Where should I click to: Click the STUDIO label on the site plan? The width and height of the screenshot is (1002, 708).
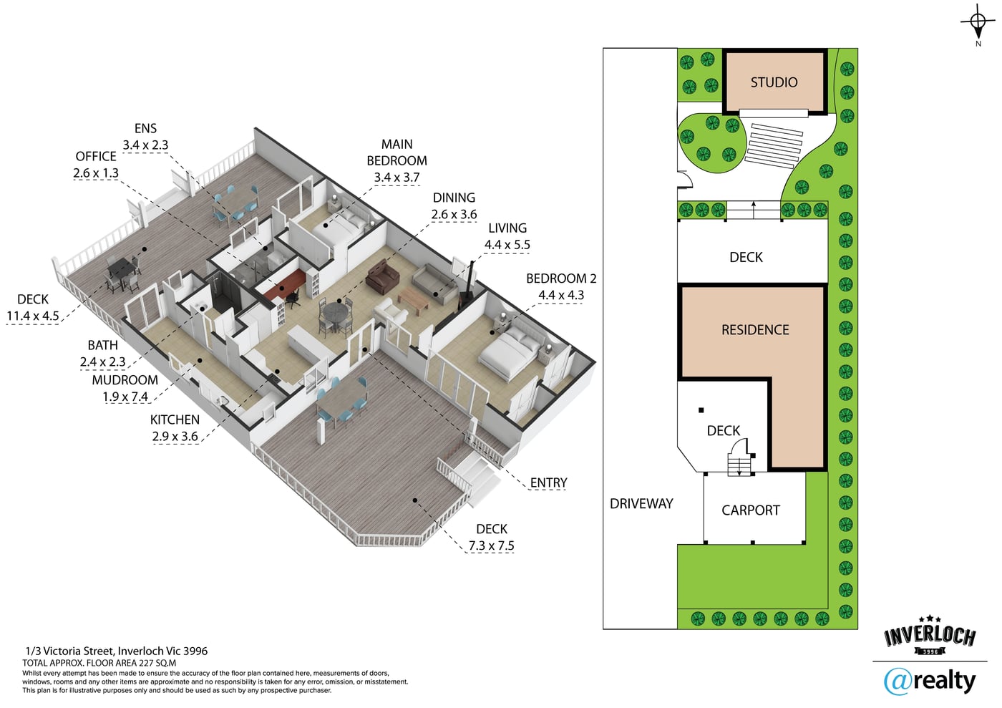[774, 82]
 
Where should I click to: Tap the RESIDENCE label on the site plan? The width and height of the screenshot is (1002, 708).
[755, 330]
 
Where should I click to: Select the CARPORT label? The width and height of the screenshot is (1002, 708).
[751, 510]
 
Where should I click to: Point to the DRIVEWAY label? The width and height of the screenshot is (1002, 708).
[641, 504]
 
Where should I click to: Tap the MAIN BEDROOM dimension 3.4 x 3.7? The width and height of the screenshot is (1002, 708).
[397, 178]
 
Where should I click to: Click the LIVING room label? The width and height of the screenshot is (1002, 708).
[507, 228]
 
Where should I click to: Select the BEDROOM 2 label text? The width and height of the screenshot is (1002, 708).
[561, 278]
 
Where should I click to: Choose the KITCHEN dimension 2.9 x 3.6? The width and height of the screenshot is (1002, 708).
[175, 437]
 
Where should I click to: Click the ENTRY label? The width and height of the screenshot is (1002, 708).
[548, 483]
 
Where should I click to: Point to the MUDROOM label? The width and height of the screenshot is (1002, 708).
[125, 380]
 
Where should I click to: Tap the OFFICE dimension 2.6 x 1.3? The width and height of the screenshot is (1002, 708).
[96, 173]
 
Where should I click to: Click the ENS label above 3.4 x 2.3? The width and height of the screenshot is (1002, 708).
[145, 128]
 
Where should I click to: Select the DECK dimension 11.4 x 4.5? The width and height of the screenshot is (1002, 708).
[33, 316]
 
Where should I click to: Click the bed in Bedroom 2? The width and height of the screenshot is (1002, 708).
[510, 354]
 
